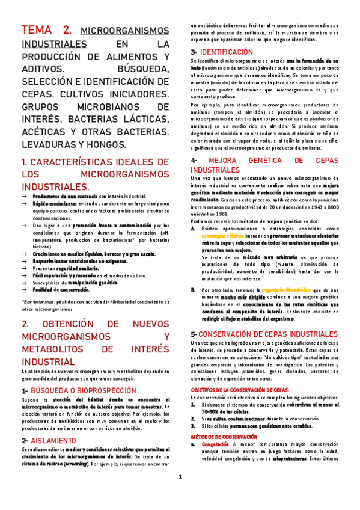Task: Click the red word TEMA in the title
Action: point(37,31)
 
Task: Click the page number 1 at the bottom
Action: point(180,478)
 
